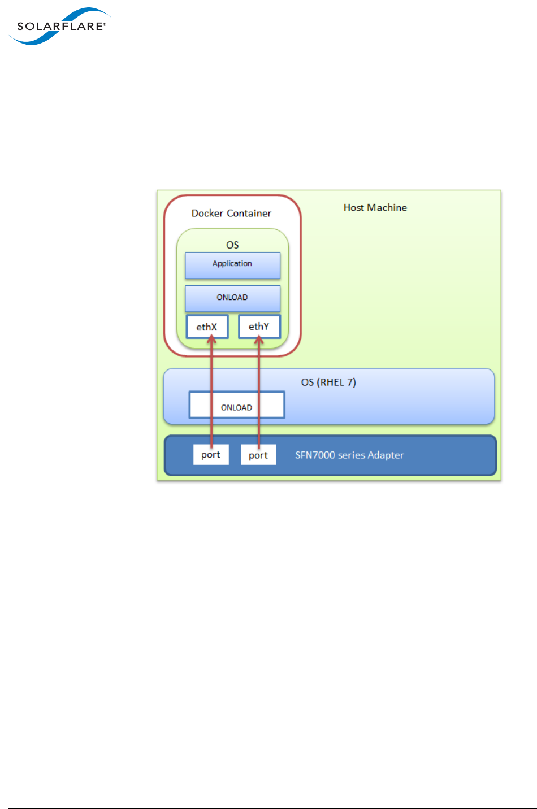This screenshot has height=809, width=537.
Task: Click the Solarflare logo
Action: tap(59, 26)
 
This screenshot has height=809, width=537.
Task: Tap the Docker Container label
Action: tap(231, 213)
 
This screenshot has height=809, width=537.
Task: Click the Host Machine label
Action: tap(375, 207)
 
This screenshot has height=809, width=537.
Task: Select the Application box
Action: tap(232, 265)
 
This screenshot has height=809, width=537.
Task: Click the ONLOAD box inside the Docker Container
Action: tap(232, 298)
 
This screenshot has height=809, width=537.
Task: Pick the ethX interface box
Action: tap(207, 327)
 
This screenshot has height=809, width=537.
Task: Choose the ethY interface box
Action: tap(259, 327)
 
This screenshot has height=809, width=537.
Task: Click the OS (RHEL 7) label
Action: tap(328, 382)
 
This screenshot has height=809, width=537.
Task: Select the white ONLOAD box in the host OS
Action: tap(236, 405)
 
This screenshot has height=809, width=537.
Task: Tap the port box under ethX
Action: tap(211, 455)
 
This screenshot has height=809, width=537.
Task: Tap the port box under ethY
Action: tap(258, 455)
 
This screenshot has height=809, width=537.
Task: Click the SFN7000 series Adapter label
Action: tap(349, 455)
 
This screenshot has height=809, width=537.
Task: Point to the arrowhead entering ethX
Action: tap(211, 340)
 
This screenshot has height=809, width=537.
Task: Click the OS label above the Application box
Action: tap(232, 245)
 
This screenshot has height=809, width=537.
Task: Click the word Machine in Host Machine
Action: tap(387, 207)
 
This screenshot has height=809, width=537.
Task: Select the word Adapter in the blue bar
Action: tap(386, 455)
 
